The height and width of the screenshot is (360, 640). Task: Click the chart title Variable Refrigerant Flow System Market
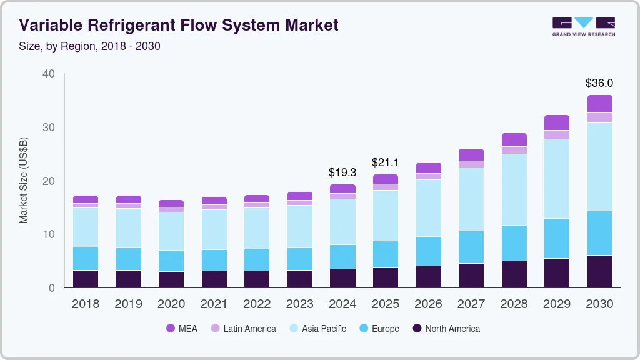(179, 26)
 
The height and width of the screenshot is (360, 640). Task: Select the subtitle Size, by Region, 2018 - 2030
(90, 46)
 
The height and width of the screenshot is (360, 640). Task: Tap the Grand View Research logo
(583, 26)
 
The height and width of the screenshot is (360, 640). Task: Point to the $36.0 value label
(599, 82)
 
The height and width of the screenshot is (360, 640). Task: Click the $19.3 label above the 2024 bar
(342, 172)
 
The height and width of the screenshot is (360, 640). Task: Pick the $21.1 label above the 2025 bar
(385, 162)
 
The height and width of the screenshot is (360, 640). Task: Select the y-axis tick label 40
(48, 74)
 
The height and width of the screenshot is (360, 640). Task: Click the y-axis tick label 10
(48, 234)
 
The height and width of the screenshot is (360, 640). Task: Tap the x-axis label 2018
(85, 304)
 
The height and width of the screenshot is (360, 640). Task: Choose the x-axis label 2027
(471, 304)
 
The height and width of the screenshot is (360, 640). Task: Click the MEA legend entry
(182, 328)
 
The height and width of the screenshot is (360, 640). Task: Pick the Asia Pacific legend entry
(317, 328)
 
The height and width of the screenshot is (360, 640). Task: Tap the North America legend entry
(446, 328)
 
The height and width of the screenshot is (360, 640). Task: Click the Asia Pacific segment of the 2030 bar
(600, 166)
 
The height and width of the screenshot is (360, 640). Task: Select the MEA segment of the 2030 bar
(600, 103)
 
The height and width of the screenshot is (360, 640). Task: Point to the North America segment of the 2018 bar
(86, 279)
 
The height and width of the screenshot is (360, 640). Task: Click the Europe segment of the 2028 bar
(514, 243)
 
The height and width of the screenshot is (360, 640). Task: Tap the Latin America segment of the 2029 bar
(557, 134)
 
